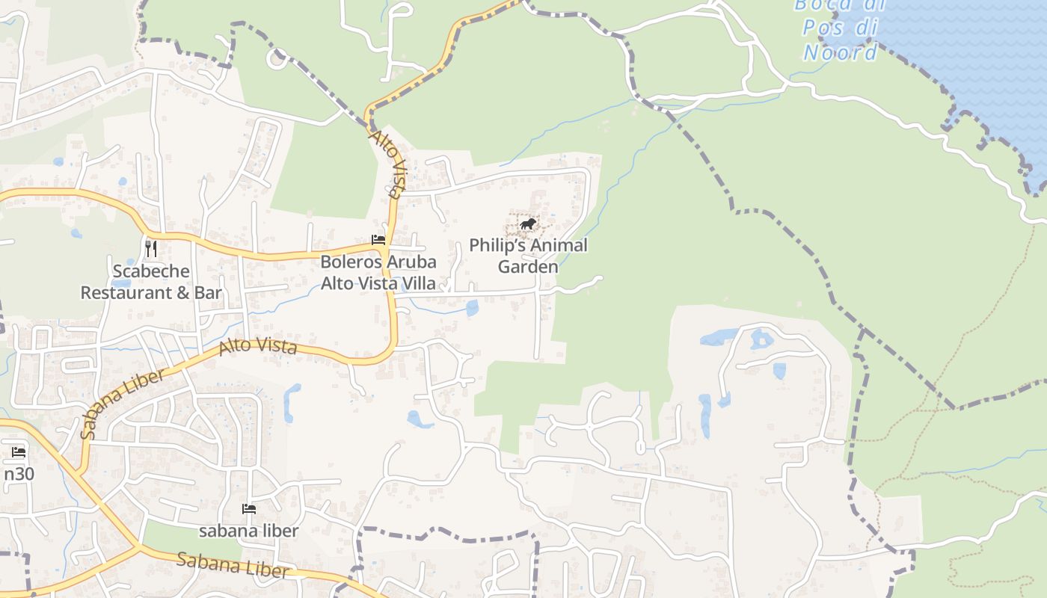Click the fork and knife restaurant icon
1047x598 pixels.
click(x=151, y=248)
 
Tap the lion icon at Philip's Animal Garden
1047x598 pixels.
click(x=528, y=224)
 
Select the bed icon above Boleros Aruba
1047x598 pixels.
click(x=378, y=240)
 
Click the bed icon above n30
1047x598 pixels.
click(x=19, y=452)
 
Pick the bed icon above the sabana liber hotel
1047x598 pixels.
click(x=249, y=509)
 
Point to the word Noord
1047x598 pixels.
click(x=841, y=52)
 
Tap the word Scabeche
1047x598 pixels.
click(x=151, y=271)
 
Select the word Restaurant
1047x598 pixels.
click(x=126, y=292)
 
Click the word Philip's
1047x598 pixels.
click(x=498, y=245)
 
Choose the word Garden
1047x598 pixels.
click(x=528, y=267)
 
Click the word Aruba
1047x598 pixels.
click(x=411, y=262)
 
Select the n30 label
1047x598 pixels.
click(x=19, y=474)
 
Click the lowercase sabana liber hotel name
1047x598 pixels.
click(x=248, y=531)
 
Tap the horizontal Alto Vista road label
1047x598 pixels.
click(x=258, y=346)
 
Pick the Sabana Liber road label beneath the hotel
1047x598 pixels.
click(x=233, y=565)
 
